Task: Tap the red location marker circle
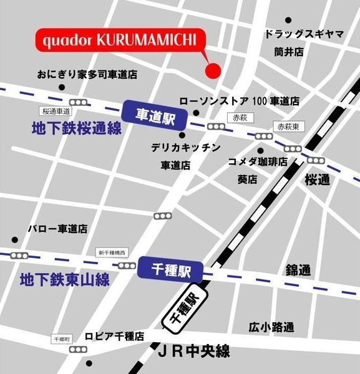click(x=213, y=70)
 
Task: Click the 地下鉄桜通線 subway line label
click(x=76, y=129)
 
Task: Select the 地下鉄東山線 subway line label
click(x=64, y=279)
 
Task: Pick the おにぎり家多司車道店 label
click(x=87, y=74)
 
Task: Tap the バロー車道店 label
click(x=57, y=229)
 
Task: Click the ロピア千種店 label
click(x=115, y=336)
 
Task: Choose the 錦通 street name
click(x=298, y=270)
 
